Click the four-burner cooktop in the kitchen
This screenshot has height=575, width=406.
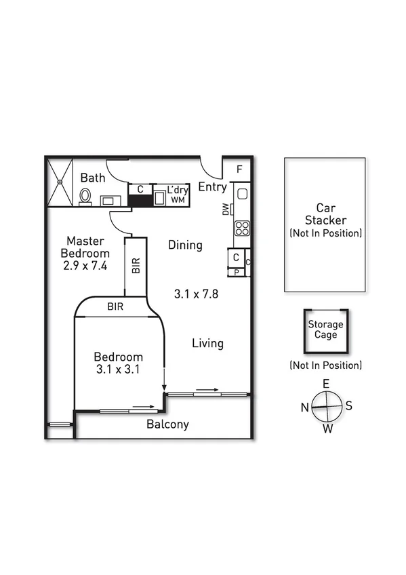click(x=242, y=228)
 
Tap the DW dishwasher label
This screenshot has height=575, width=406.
click(x=226, y=211)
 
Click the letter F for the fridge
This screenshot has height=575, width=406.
click(x=240, y=170)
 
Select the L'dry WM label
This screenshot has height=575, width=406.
click(x=178, y=195)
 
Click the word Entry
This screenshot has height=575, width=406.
click(x=212, y=187)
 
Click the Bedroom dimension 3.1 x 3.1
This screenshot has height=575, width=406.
click(x=118, y=370)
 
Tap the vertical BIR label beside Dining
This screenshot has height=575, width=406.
click(x=136, y=266)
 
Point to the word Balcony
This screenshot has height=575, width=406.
click(x=167, y=425)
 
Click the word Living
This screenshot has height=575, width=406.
click(x=207, y=343)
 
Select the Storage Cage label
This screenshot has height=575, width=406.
click(x=326, y=329)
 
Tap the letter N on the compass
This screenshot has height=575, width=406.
click(x=305, y=407)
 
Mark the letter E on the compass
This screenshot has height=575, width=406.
click(x=326, y=384)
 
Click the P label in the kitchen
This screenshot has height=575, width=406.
click(x=236, y=273)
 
